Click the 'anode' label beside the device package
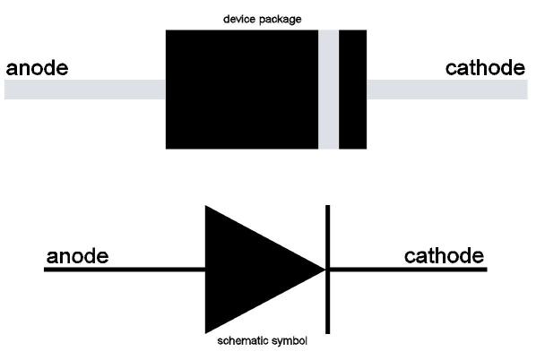[37, 69]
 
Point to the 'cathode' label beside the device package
[486, 68]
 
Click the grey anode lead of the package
[85, 89]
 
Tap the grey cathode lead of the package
[448, 89]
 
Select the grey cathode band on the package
[329, 89]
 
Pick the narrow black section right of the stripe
[352, 89]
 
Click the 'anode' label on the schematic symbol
[77, 257]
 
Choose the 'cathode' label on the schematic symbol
[445, 256]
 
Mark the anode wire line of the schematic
[125, 269]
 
